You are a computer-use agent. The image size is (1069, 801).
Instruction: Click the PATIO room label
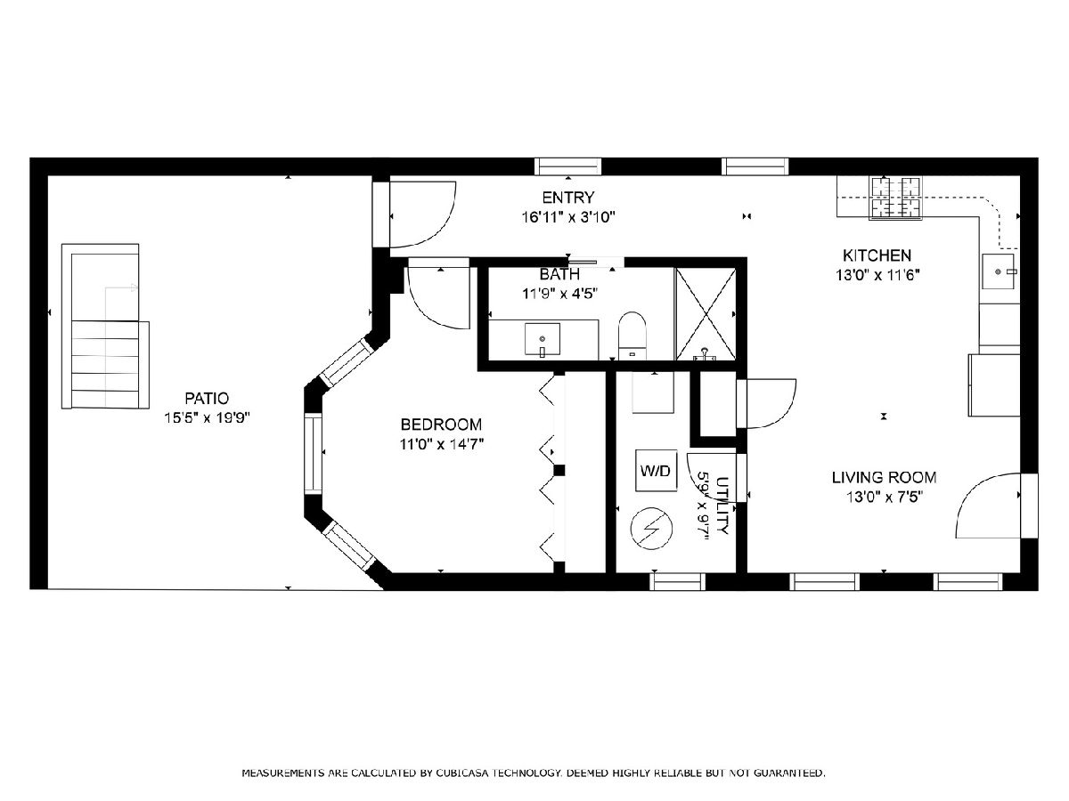(x=207, y=399)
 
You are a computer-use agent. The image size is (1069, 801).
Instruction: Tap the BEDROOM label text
(x=441, y=425)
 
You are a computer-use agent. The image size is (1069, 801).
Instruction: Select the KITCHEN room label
(x=877, y=255)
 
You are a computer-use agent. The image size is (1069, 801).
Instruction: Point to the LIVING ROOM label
(x=884, y=477)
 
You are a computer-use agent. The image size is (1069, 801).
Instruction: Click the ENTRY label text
(x=568, y=198)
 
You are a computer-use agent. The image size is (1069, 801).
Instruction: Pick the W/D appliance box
(x=656, y=470)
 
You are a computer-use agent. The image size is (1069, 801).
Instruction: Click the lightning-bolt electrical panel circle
(x=651, y=529)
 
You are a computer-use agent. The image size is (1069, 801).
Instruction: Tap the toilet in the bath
(x=632, y=336)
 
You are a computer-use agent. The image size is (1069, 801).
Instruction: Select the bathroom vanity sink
(x=542, y=339)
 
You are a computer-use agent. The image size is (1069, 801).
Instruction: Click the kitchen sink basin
(x=999, y=271)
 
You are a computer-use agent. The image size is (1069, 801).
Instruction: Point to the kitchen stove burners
(x=895, y=198)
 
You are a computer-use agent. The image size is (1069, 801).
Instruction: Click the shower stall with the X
(x=706, y=313)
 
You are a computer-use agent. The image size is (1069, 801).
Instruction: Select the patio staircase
(x=105, y=326)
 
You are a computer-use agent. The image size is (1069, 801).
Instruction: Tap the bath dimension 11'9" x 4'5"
(x=560, y=294)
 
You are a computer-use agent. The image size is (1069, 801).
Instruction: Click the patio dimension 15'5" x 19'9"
(x=207, y=417)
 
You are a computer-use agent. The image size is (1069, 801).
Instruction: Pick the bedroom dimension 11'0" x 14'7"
(x=441, y=444)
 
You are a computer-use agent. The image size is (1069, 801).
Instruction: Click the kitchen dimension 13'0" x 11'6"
(x=877, y=275)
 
